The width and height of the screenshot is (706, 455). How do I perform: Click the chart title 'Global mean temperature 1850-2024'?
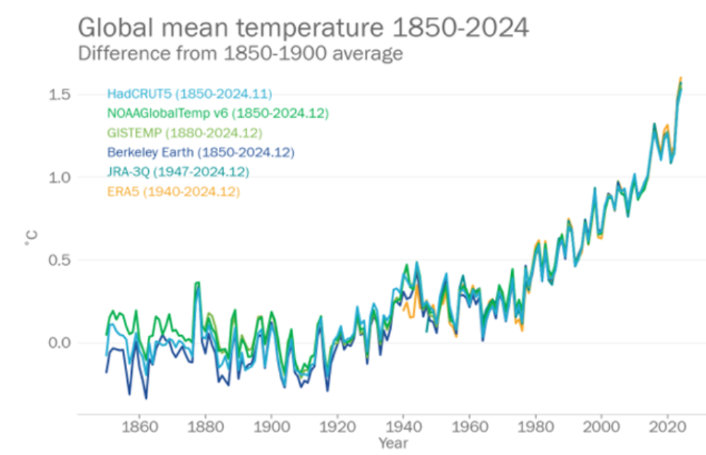302,28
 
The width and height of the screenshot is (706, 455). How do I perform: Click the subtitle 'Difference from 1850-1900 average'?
240,53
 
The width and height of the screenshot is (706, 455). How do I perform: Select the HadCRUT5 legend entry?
189,93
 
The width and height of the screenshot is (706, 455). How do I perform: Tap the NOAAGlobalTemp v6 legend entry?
217,113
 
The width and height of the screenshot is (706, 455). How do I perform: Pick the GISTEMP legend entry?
184,133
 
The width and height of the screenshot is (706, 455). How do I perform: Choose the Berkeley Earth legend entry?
201,152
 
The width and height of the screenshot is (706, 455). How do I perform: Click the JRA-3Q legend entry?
178,172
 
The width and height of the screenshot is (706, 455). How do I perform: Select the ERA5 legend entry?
174,191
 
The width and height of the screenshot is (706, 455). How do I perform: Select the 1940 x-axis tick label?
403,427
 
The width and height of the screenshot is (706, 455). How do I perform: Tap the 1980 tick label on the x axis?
535,427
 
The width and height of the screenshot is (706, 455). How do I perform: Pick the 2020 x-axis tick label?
667,427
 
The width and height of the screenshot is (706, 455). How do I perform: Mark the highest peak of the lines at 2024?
681,77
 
